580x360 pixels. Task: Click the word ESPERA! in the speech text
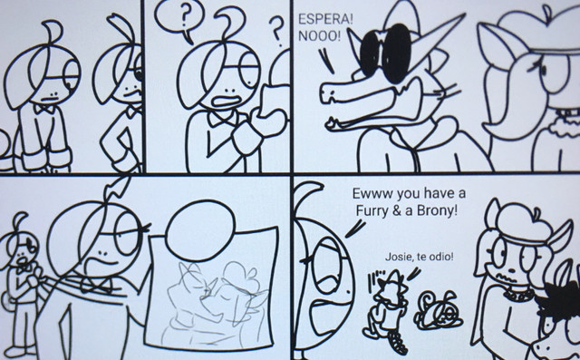click(325, 20)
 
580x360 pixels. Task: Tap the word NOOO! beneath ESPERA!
click(319, 36)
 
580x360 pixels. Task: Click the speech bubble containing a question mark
click(179, 18)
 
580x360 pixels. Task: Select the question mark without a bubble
click(276, 31)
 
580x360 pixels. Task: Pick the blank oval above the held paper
click(200, 225)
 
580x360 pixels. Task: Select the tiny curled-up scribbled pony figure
click(439, 311)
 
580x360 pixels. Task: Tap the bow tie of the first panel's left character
click(44, 109)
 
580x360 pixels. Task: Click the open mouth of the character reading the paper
click(226, 102)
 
